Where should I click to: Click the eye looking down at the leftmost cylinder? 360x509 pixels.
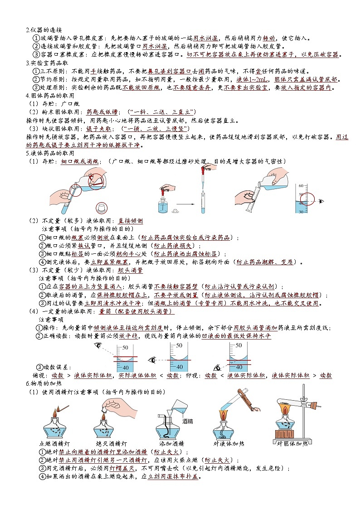(x=97, y=345)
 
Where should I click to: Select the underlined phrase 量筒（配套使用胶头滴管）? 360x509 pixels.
(x=136, y=311)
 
